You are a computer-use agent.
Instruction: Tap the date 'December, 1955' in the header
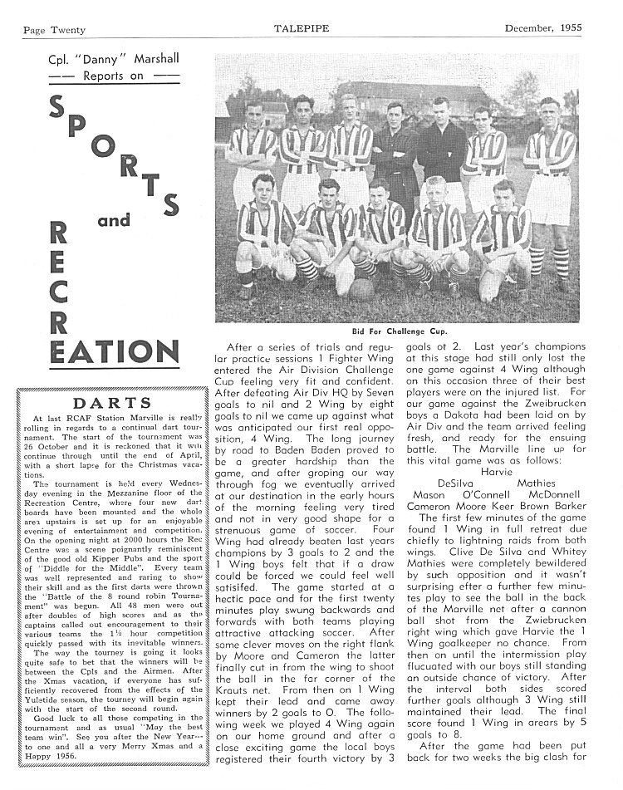[x=543, y=27]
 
